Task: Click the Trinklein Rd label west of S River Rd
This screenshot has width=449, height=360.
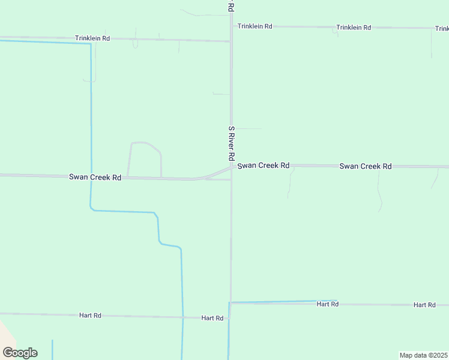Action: point(92,38)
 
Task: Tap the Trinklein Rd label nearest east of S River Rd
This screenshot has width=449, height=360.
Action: point(255,26)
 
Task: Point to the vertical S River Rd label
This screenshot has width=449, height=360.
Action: point(231,143)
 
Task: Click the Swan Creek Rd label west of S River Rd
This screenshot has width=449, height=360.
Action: point(95,177)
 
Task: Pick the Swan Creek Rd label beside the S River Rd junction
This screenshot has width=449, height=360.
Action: point(264,165)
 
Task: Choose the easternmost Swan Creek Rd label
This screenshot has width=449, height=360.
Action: point(365,166)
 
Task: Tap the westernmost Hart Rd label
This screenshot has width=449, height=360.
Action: point(90,315)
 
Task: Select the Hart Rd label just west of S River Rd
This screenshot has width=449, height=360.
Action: point(212,318)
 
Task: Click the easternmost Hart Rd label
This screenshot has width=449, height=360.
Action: point(424,305)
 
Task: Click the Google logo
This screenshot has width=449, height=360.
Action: point(20,353)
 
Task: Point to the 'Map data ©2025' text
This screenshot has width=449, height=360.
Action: point(423,355)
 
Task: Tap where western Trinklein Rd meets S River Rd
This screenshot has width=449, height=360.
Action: point(231,41)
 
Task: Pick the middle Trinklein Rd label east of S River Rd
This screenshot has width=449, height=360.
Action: point(354,28)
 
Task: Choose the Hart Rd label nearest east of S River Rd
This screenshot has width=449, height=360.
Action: point(328,304)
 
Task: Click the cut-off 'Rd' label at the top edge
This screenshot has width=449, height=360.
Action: point(231,5)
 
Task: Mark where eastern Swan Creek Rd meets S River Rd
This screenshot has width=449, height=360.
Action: point(232,166)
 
